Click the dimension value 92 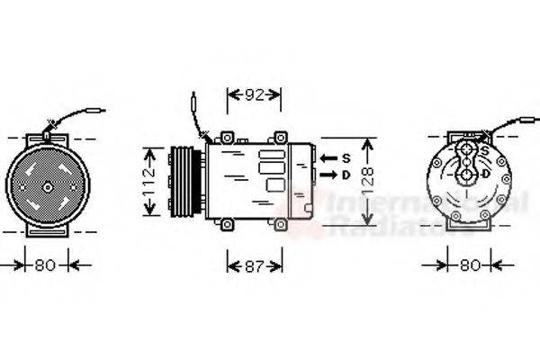pyautogui.click(x=254, y=92)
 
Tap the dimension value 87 pyautogui.click(x=255, y=266)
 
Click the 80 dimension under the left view pyautogui.click(x=46, y=265)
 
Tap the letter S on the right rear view pyautogui.click(x=484, y=150)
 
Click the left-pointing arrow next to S pyautogui.click(x=328, y=158)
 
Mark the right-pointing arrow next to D pyautogui.click(x=328, y=174)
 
